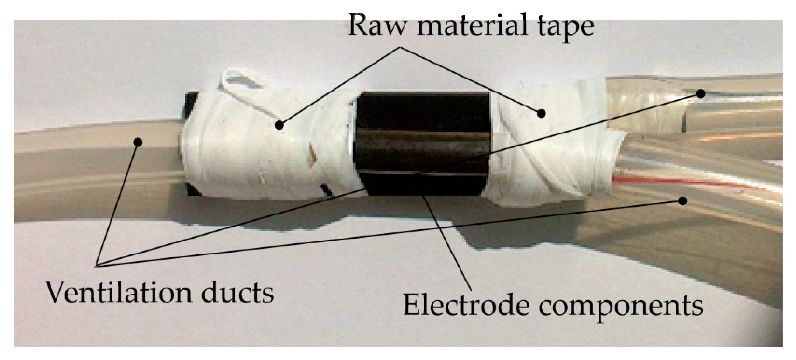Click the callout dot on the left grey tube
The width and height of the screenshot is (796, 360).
[x=137, y=142]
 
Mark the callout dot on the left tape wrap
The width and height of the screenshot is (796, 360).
[x=280, y=125]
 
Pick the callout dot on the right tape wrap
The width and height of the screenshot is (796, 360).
[x=542, y=113]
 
